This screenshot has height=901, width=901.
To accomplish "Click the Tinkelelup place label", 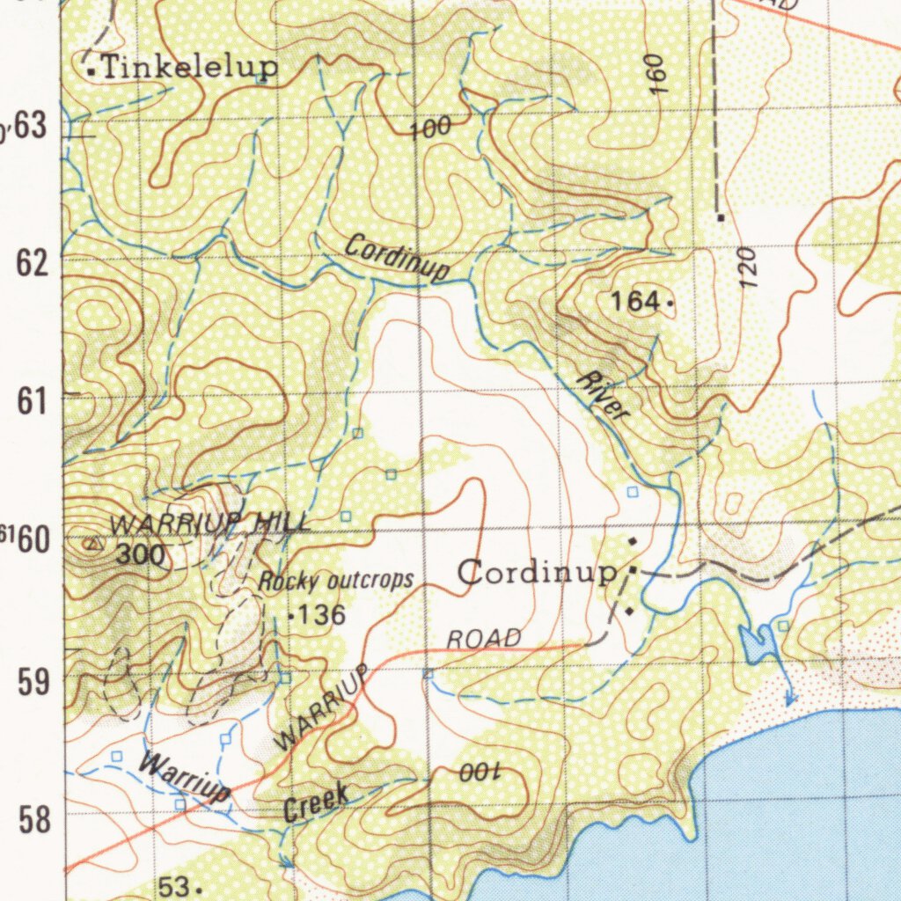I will [x=190, y=67].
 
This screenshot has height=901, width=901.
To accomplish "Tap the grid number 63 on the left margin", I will [x=29, y=126].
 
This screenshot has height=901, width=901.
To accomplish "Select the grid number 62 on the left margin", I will [x=33, y=262].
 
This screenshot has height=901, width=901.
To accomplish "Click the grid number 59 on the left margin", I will [x=33, y=681].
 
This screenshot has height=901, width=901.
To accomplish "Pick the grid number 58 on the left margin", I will [x=33, y=820].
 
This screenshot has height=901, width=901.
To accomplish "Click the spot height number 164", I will [x=635, y=302].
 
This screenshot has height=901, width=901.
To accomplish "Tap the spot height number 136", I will [x=321, y=615].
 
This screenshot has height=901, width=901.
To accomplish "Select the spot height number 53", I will [x=174, y=886].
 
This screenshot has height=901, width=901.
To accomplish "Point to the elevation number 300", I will [x=140, y=554].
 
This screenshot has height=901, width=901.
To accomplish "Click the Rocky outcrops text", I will [x=335, y=581].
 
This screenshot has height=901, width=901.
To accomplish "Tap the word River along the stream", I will [x=604, y=396].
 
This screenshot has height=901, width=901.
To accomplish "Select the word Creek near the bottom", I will [x=316, y=802].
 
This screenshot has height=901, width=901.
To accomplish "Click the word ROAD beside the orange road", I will [x=484, y=639].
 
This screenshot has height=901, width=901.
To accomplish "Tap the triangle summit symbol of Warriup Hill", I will [x=91, y=544].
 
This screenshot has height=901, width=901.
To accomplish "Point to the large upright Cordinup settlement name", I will [x=536, y=573].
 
